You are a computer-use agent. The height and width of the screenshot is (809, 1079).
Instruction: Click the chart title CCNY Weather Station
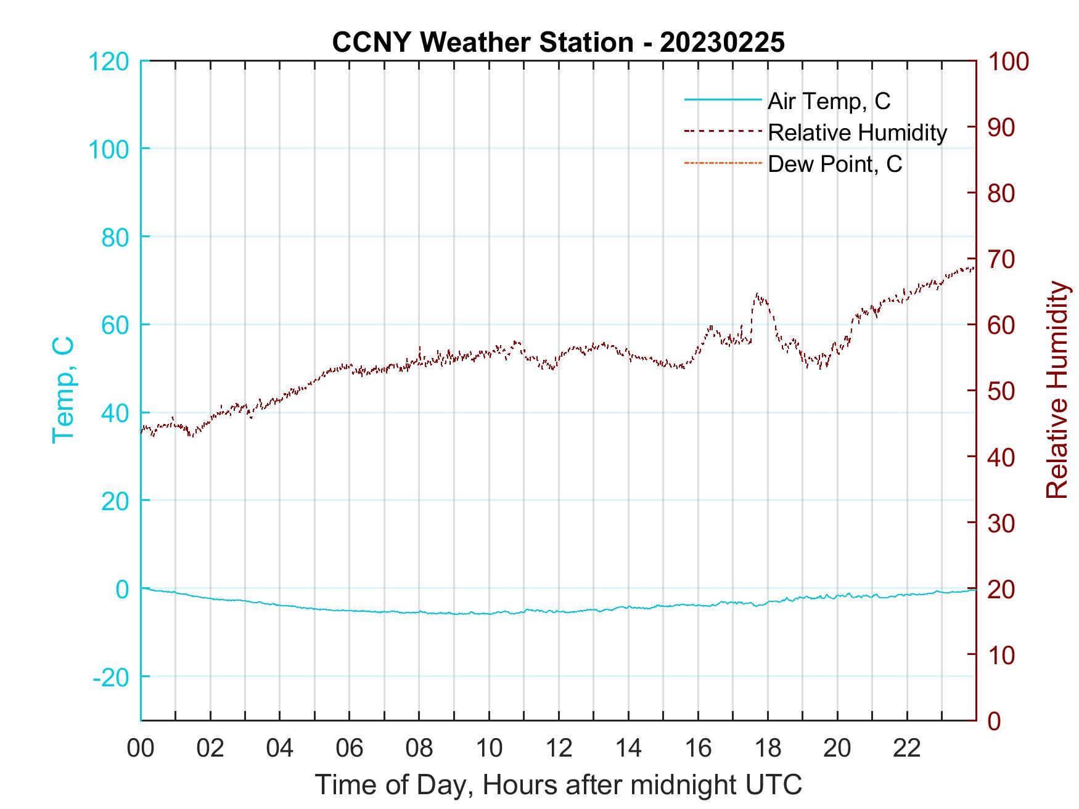click(x=558, y=43)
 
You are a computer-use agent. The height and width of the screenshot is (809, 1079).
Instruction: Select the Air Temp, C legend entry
click(x=829, y=101)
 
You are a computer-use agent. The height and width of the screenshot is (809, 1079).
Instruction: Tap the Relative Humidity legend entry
click(x=857, y=132)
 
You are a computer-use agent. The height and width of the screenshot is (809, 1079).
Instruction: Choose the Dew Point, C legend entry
click(x=835, y=165)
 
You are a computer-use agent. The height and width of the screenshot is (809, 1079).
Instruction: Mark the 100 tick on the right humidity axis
click(x=1009, y=62)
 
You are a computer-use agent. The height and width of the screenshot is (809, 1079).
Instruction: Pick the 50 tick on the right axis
click(x=1001, y=391)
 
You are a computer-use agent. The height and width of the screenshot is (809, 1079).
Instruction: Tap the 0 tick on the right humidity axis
click(x=994, y=721)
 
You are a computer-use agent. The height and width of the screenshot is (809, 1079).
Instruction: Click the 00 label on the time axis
click(x=141, y=749)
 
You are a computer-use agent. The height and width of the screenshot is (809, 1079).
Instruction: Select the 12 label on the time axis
click(x=559, y=749)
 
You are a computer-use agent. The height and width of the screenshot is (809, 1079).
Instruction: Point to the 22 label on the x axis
click(x=907, y=749)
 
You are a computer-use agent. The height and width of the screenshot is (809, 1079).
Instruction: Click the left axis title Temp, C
click(x=63, y=390)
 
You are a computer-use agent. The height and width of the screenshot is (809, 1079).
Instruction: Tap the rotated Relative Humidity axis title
click(x=1057, y=390)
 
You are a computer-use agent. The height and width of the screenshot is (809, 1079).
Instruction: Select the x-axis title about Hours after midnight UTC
click(x=558, y=786)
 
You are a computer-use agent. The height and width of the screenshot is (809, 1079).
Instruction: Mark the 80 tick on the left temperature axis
click(x=115, y=237)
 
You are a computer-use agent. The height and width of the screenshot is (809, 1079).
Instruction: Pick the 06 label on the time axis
click(x=350, y=749)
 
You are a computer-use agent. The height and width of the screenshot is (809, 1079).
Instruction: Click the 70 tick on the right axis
click(x=1001, y=259)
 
